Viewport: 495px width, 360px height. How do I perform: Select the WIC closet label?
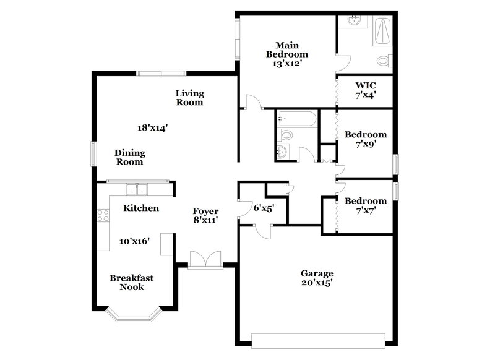[365, 85]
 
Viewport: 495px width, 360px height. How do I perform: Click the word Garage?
[317, 273]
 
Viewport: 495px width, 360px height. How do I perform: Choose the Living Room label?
[189, 98]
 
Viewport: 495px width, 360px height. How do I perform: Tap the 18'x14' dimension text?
[153, 127]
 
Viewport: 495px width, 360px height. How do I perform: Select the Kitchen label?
[141, 208]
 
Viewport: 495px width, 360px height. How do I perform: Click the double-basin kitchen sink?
[136, 189]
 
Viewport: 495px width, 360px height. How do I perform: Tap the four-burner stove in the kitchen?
[103, 215]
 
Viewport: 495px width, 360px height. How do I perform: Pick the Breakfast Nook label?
[132, 282]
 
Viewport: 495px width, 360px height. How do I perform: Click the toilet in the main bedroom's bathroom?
[384, 61]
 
